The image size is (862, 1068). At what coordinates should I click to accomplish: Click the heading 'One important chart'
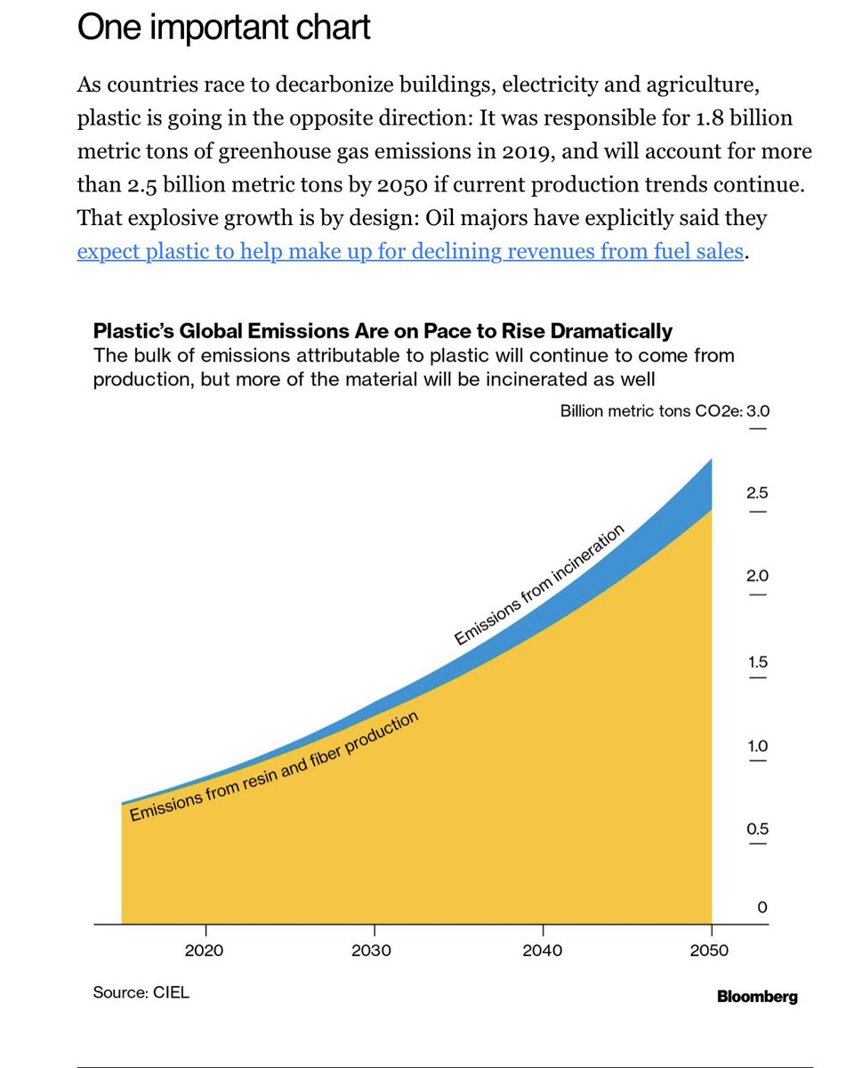pyautogui.click(x=223, y=29)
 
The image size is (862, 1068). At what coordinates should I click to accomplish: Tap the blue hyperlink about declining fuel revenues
pyautogui.click(x=409, y=252)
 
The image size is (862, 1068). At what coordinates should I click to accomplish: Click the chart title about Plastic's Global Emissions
pyautogui.click(x=383, y=331)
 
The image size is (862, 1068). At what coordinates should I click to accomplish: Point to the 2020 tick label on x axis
pyautogui.click(x=205, y=950)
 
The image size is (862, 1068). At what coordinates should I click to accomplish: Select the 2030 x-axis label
pyautogui.click(x=372, y=950)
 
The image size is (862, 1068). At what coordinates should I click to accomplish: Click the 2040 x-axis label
pyautogui.click(x=542, y=950)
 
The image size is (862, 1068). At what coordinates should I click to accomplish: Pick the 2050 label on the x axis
pyautogui.click(x=709, y=950)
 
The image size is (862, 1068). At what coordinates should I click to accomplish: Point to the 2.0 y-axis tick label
pyautogui.click(x=757, y=576)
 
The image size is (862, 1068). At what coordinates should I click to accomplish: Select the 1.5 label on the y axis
pyautogui.click(x=757, y=661)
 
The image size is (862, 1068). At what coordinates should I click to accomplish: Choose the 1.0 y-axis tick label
pyautogui.click(x=757, y=745)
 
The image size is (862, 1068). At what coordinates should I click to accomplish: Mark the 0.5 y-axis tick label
pyautogui.click(x=757, y=829)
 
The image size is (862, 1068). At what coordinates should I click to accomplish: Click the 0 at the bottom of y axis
pyautogui.click(x=761, y=907)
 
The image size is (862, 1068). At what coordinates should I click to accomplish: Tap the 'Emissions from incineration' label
pyautogui.click(x=539, y=585)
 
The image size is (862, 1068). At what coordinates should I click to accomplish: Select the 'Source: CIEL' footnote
pyautogui.click(x=141, y=992)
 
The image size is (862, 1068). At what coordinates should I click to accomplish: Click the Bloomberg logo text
pyautogui.click(x=757, y=997)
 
